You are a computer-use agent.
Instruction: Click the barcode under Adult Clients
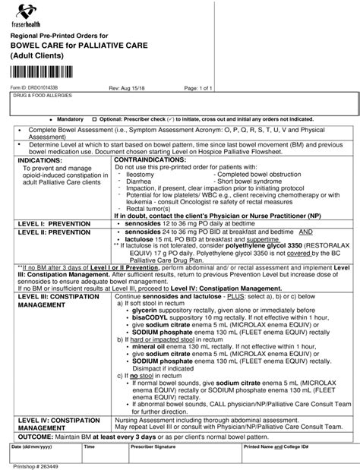pyautogui.click(x=49, y=73)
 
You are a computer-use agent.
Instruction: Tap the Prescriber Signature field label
pyautogui.click(x=153, y=448)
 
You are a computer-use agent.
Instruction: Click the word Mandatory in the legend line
pyautogui.click(x=71, y=120)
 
